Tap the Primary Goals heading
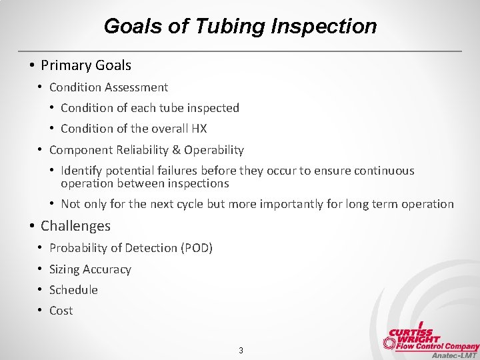tap(86, 65)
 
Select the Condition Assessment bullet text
tap(109, 87)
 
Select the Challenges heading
tap(75, 226)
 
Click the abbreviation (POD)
tap(197, 248)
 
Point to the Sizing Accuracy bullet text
tap(90, 269)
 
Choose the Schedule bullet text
tap(73, 290)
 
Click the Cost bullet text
tap(61, 311)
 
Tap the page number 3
tap(241, 350)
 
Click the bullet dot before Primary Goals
tap(31, 65)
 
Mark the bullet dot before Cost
tap(40, 311)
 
